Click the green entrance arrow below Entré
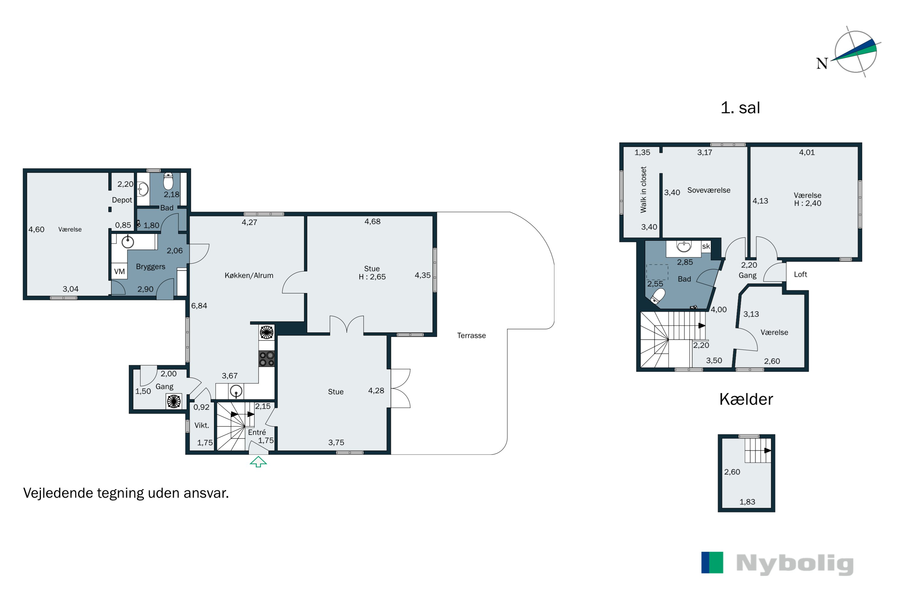[x=258, y=461]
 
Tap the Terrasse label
[x=471, y=336]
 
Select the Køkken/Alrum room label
[x=249, y=275]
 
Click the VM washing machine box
[x=119, y=272]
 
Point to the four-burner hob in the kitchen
[x=267, y=358]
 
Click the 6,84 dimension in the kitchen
[x=199, y=306]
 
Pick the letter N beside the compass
[x=822, y=63]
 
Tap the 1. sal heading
[x=740, y=107]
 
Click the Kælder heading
[x=746, y=399]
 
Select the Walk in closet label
[x=643, y=190]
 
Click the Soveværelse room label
[x=709, y=190]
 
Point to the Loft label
[x=800, y=274]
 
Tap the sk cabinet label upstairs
[x=706, y=246]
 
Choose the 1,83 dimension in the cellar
[x=747, y=502]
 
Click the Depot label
[x=122, y=200]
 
